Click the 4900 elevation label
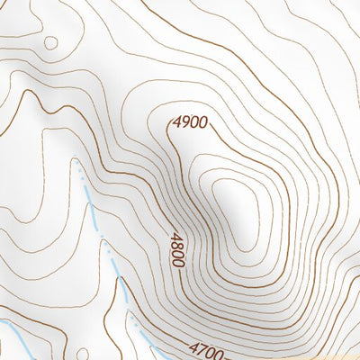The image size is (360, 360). point(190,121)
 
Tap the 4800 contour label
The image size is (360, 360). point(177,249)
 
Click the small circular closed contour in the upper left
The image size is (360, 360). point(50,42)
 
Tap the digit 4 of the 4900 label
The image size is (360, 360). point(177,121)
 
